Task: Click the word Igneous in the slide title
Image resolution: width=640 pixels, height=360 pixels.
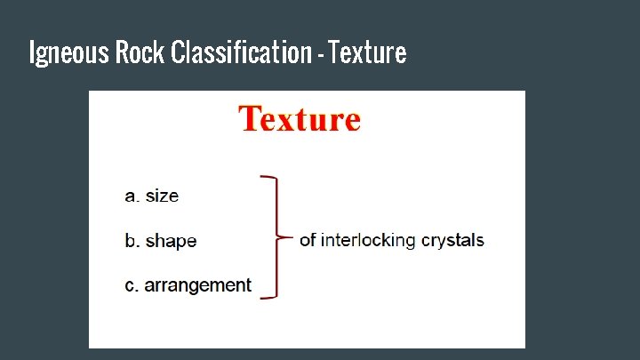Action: pyautogui.click(x=69, y=53)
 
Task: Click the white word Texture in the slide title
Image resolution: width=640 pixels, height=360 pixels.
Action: pyautogui.click(x=366, y=53)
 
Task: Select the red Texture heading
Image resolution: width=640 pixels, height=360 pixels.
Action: pyautogui.click(x=300, y=119)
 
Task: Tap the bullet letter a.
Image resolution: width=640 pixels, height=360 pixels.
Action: pyautogui.click(x=131, y=196)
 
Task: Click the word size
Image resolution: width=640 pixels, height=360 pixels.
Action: pyautogui.click(x=162, y=196)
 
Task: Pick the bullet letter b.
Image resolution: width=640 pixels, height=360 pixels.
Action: pyautogui.click(x=131, y=240)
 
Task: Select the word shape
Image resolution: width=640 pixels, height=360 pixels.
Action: pyautogui.click(x=171, y=241)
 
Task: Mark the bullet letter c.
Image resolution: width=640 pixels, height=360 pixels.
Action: pyautogui.click(x=131, y=285)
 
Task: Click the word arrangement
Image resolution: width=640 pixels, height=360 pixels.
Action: pyautogui.click(x=198, y=286)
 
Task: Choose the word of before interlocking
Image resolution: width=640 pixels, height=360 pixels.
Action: pyautogui.click(x=308, y=239)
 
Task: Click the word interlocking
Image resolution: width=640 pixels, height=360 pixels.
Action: pyautogui.click(x=370, y=240)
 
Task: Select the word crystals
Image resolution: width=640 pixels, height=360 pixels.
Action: pyautogui.click(x=454, y=240)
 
